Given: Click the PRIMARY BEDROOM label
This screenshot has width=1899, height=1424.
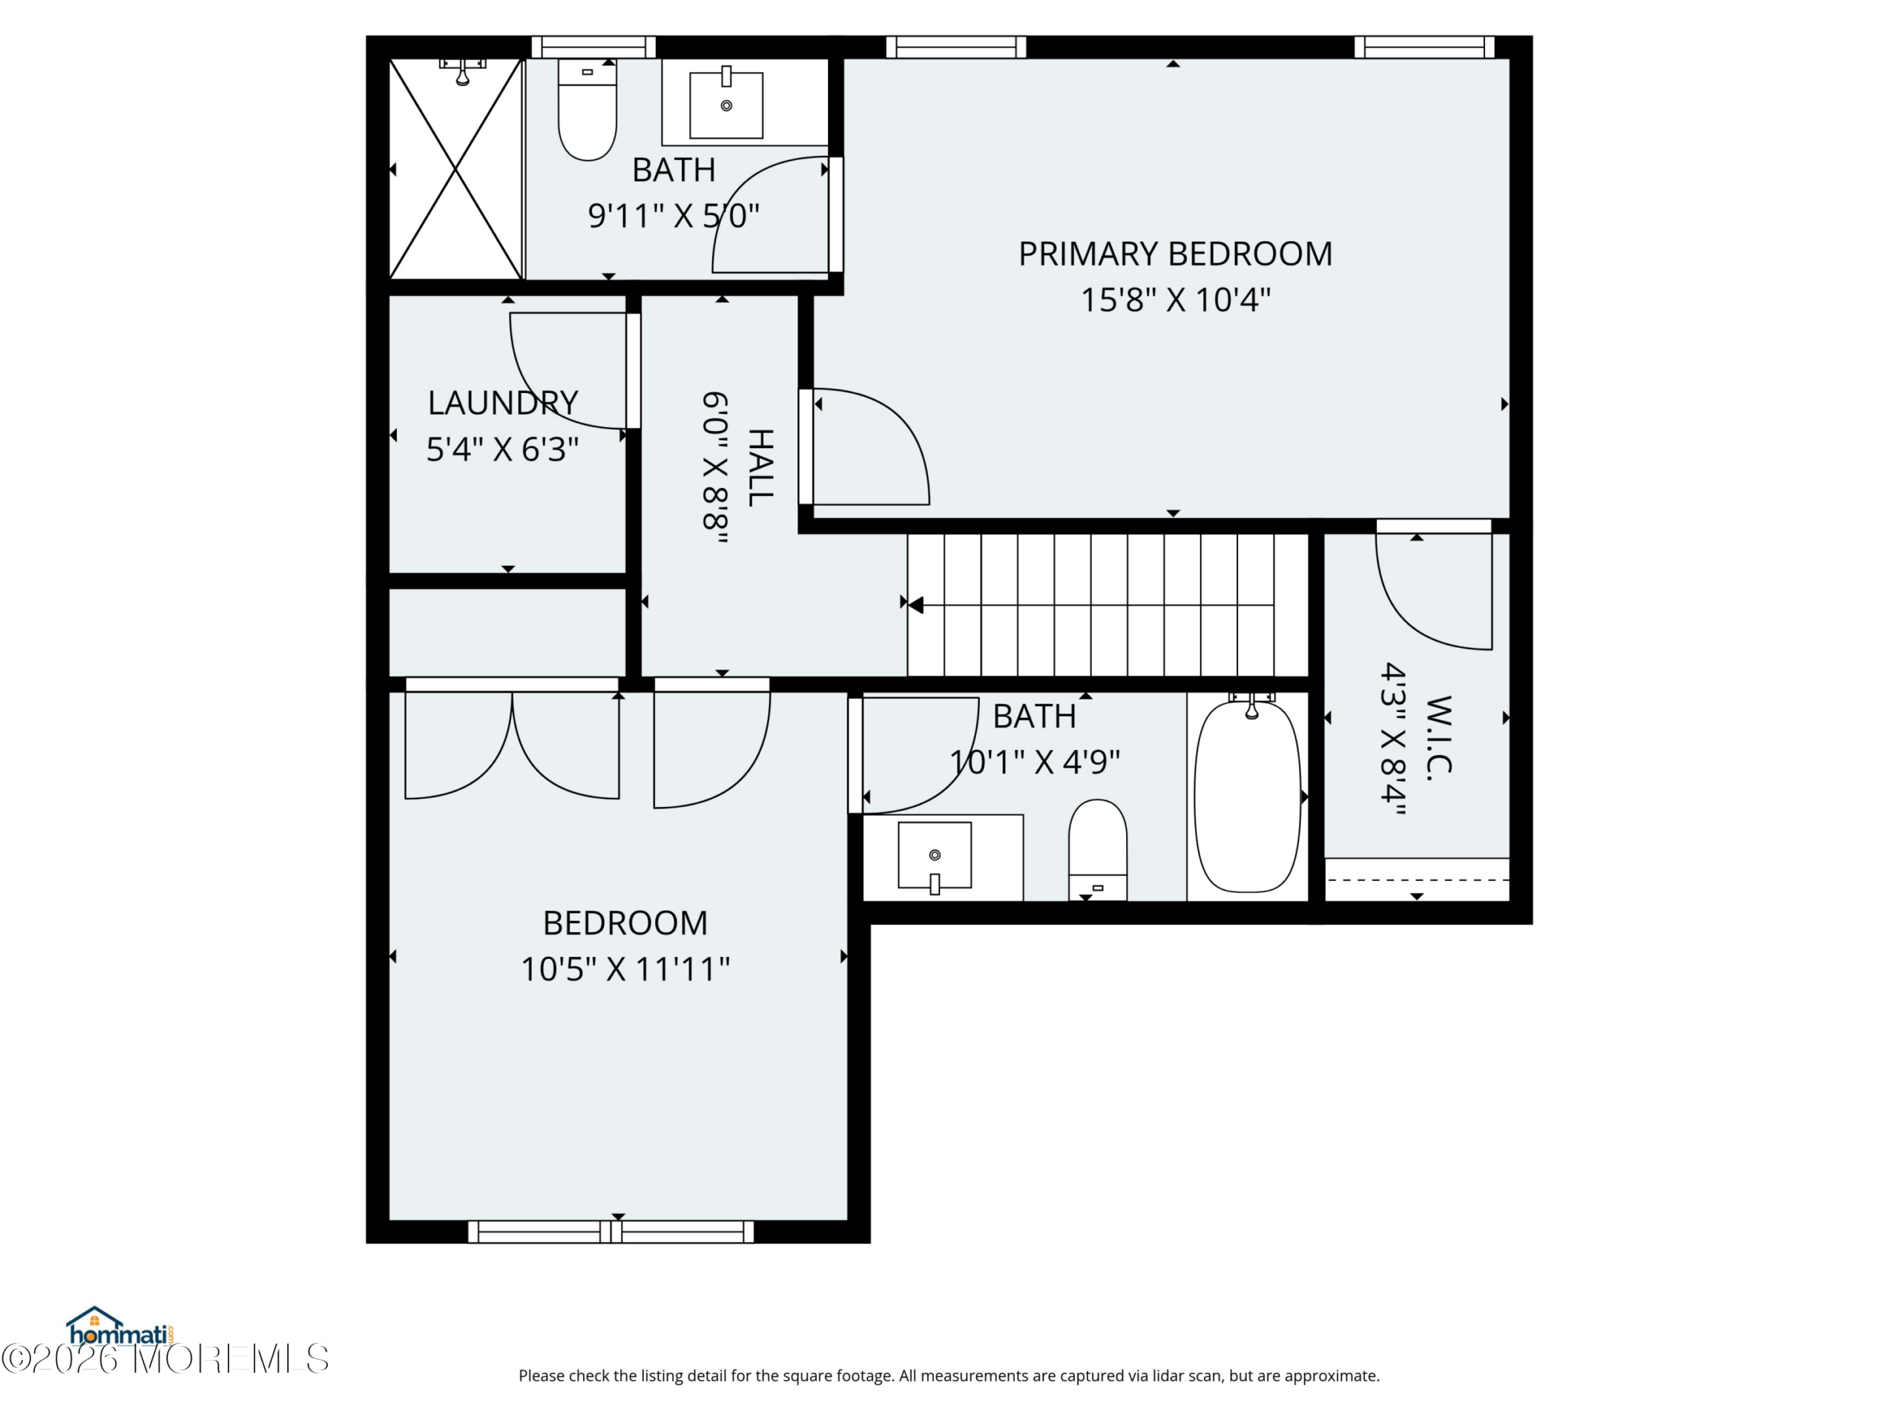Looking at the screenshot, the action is (x=1175, y=254).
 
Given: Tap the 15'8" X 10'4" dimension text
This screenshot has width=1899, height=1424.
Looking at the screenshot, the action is (x=1175, y=300).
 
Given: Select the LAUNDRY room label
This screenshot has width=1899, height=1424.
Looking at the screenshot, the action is (x=503, y=403).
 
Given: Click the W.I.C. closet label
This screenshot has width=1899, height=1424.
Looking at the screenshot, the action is (x=1439, y=737).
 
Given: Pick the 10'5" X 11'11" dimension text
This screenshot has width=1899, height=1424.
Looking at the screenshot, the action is (x=625, y=970).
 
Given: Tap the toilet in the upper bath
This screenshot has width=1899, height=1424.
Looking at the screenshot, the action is (x=588, y=109).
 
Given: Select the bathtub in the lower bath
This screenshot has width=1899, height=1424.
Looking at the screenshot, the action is (x=1248, y=797).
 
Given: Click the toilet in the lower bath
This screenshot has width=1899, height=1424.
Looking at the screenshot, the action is (x=1097, y=850).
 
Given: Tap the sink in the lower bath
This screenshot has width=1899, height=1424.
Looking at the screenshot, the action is (x=935, y=856).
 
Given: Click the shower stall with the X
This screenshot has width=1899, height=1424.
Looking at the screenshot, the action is (x=456, y=169).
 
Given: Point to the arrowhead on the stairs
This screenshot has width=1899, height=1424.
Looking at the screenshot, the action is (x=915, y=605).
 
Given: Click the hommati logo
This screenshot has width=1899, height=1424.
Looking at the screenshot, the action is (x=120, y=1327).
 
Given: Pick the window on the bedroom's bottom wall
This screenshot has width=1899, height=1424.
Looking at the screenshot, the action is (x=611, y=1232).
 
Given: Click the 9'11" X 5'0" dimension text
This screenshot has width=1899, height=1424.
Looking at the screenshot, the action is (x=674, y=215).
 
